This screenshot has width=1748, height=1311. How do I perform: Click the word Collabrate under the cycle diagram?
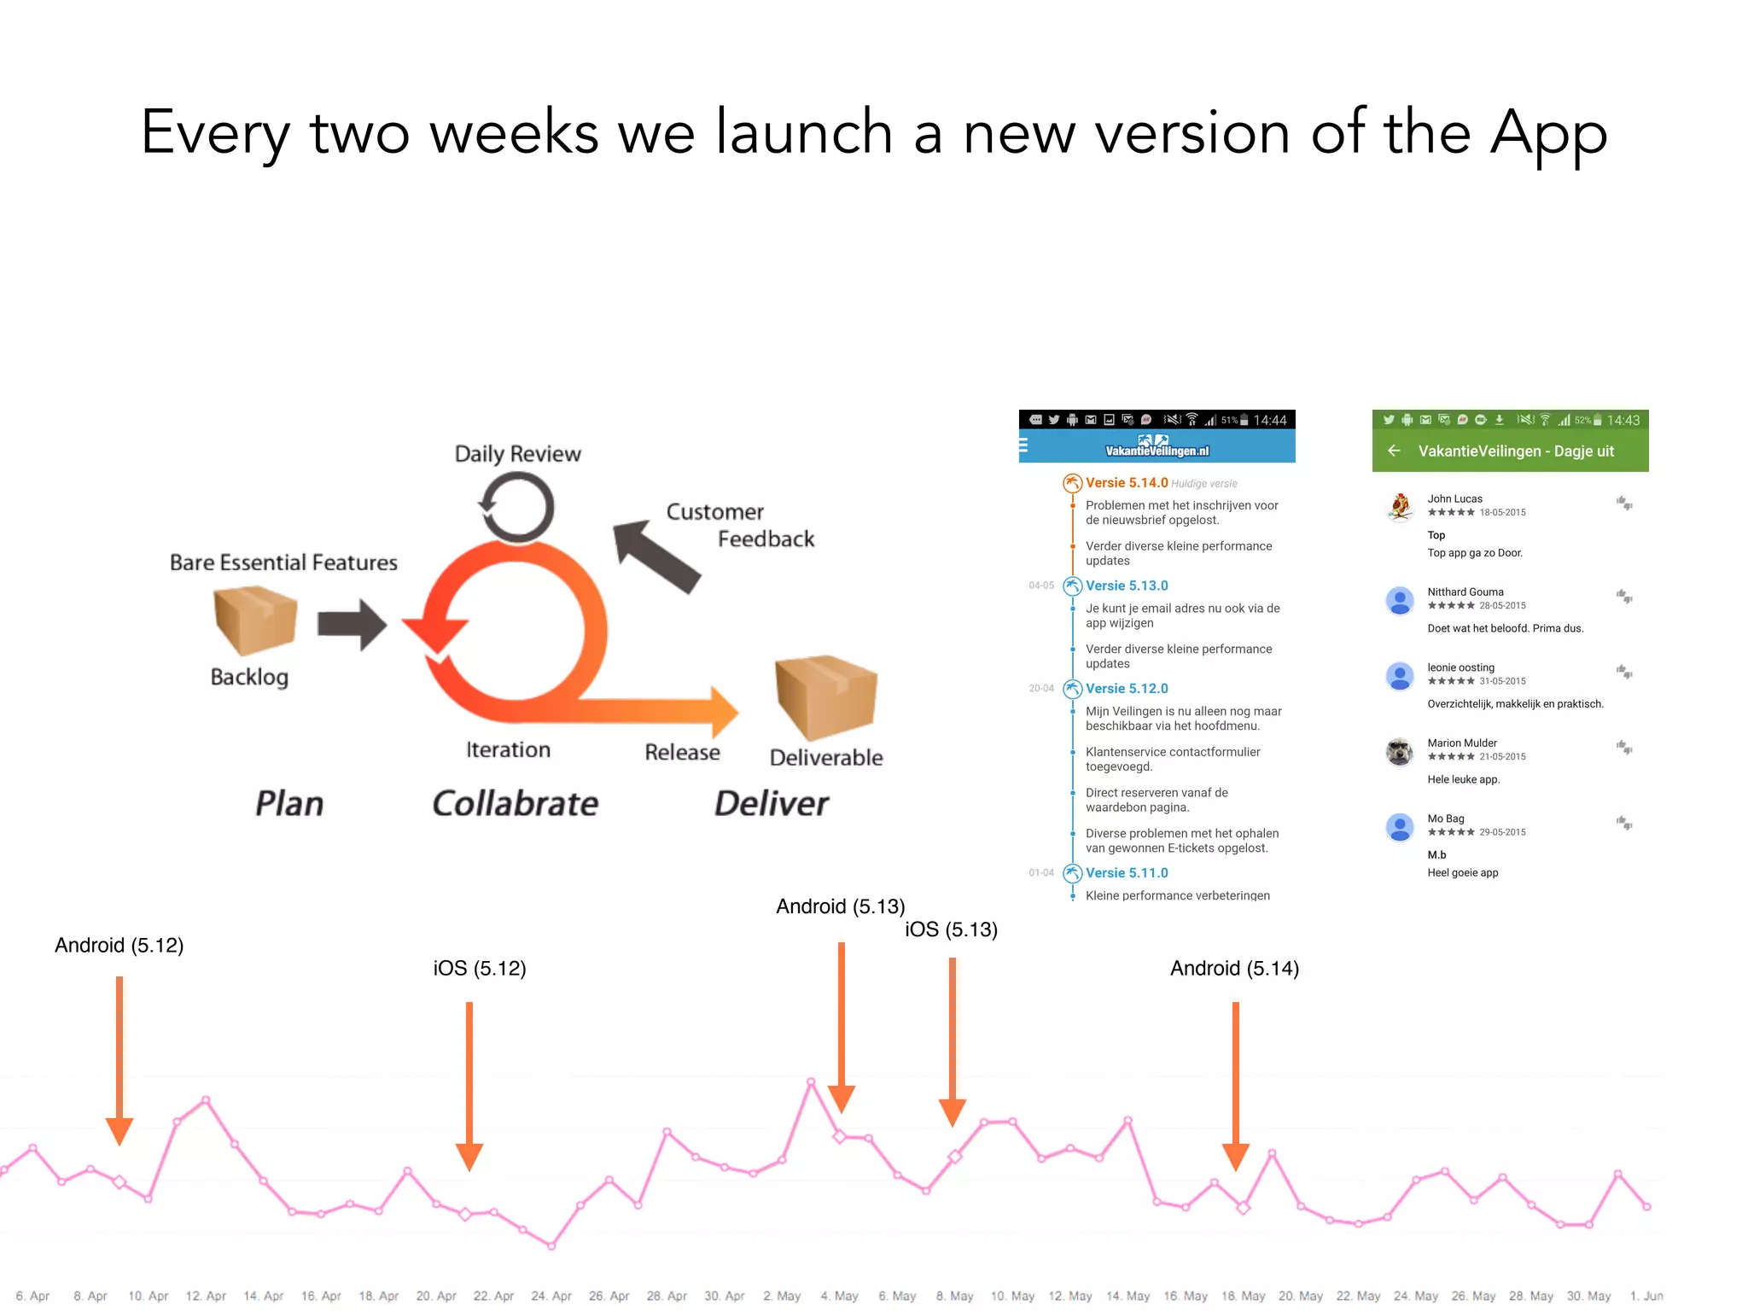tap(515, 803)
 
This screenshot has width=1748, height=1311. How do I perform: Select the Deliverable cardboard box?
tap(825, 696)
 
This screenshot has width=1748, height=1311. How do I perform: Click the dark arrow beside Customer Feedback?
tap(655, 556)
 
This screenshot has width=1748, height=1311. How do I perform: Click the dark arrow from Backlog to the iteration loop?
tap(352, 625)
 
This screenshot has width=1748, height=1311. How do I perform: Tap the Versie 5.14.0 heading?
tap(1126, 483)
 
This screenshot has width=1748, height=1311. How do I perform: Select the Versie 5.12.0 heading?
tap(1126, 689)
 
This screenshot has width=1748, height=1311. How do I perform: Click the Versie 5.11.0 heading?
tap(1126, 873)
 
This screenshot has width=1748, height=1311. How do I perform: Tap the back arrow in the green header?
tap(1394, 451)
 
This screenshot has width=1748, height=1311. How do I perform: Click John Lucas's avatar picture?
tap(1400, 506)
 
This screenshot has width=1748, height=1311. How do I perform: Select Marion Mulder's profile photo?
tap(1400, 751)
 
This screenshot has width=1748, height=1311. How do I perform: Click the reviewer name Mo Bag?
tap(1445, 819)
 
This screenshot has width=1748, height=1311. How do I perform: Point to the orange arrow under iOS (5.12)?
tap(469, 1084)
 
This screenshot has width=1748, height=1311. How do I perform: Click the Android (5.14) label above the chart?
tap(1234, 969)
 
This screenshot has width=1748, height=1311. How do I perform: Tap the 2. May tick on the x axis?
tap(782, 1296)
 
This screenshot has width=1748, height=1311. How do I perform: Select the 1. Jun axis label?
tap(1646, 1296)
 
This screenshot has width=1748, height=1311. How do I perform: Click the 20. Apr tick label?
tap(436, 1296)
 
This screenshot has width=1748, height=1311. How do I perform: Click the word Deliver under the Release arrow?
tap(771, 803)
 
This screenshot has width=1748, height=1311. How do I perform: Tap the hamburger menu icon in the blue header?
tap(1023, 445)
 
